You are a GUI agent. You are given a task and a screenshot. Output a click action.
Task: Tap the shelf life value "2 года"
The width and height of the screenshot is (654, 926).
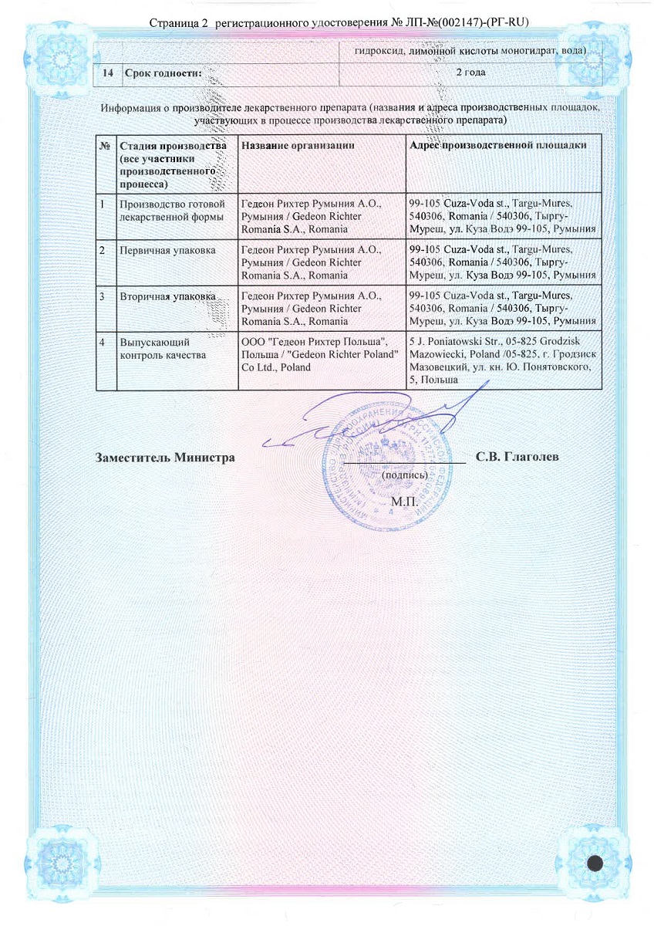470,72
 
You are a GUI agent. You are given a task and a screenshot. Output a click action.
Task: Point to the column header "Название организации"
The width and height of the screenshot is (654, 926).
298,145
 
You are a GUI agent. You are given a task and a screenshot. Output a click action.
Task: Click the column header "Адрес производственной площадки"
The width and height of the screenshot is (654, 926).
498,145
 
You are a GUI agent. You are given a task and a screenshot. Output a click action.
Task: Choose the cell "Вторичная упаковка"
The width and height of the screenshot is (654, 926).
158,297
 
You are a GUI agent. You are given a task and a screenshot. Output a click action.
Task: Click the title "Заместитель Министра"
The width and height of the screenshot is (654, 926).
165,458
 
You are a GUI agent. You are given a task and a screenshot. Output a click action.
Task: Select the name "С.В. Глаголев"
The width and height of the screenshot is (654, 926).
517,458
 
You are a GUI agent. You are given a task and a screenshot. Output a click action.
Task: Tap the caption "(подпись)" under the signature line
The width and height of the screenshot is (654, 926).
405,475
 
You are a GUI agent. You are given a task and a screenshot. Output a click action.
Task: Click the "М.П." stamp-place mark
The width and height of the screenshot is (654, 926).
404,502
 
